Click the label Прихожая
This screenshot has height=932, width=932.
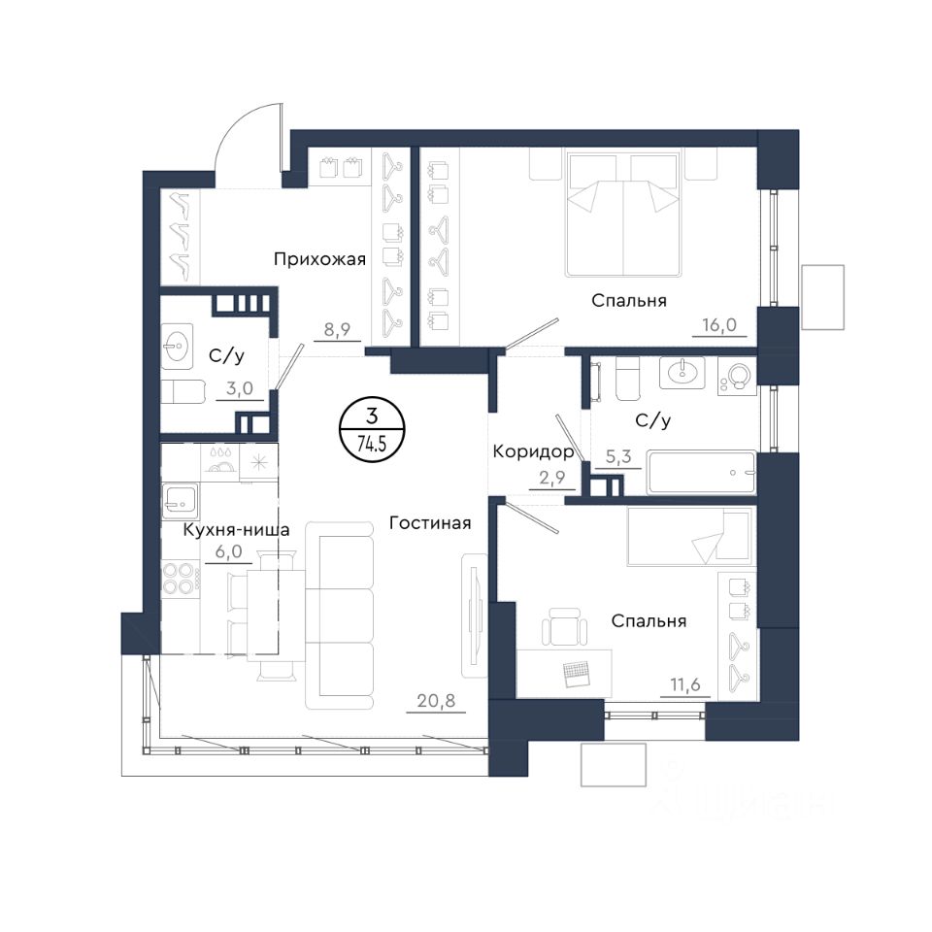pos(319,260)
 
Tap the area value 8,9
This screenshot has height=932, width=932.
pos(337,329)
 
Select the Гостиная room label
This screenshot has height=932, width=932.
pos(430,523)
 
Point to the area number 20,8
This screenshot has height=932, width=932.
pos(436,701)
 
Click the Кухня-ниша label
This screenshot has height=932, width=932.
pos(236,530)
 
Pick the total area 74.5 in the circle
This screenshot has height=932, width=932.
pos(372,444)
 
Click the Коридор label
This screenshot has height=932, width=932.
pos(533,452)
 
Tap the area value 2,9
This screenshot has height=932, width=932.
pos(552,478)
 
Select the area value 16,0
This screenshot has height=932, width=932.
pos(719,325)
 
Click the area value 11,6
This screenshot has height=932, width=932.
pos(685,685)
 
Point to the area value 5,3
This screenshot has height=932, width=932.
pos(618,457)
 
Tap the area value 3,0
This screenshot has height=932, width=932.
pos(240,388)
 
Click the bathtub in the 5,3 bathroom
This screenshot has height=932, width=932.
pos(702,473)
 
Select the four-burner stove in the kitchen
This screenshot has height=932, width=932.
pos(181,579)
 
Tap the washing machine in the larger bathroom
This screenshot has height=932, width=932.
pos(737,376)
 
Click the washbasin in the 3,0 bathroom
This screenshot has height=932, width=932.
pos(177,344)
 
